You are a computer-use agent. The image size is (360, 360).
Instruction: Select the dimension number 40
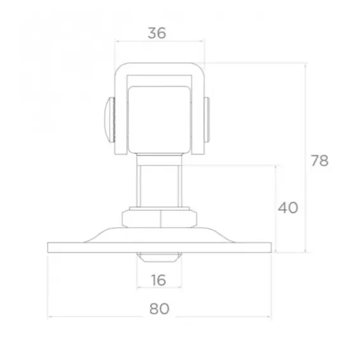click(x=288, y=208)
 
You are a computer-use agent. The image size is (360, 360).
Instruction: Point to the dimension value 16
click(x=160, y=279)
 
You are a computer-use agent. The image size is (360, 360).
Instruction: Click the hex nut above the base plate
click(x=160, y=218)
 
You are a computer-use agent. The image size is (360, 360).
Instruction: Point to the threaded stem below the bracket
click(x=160, y=184)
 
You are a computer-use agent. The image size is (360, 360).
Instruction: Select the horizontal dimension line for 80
click(x=95, y=316)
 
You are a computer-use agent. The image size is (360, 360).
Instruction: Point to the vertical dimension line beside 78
click(x=306, y=114)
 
